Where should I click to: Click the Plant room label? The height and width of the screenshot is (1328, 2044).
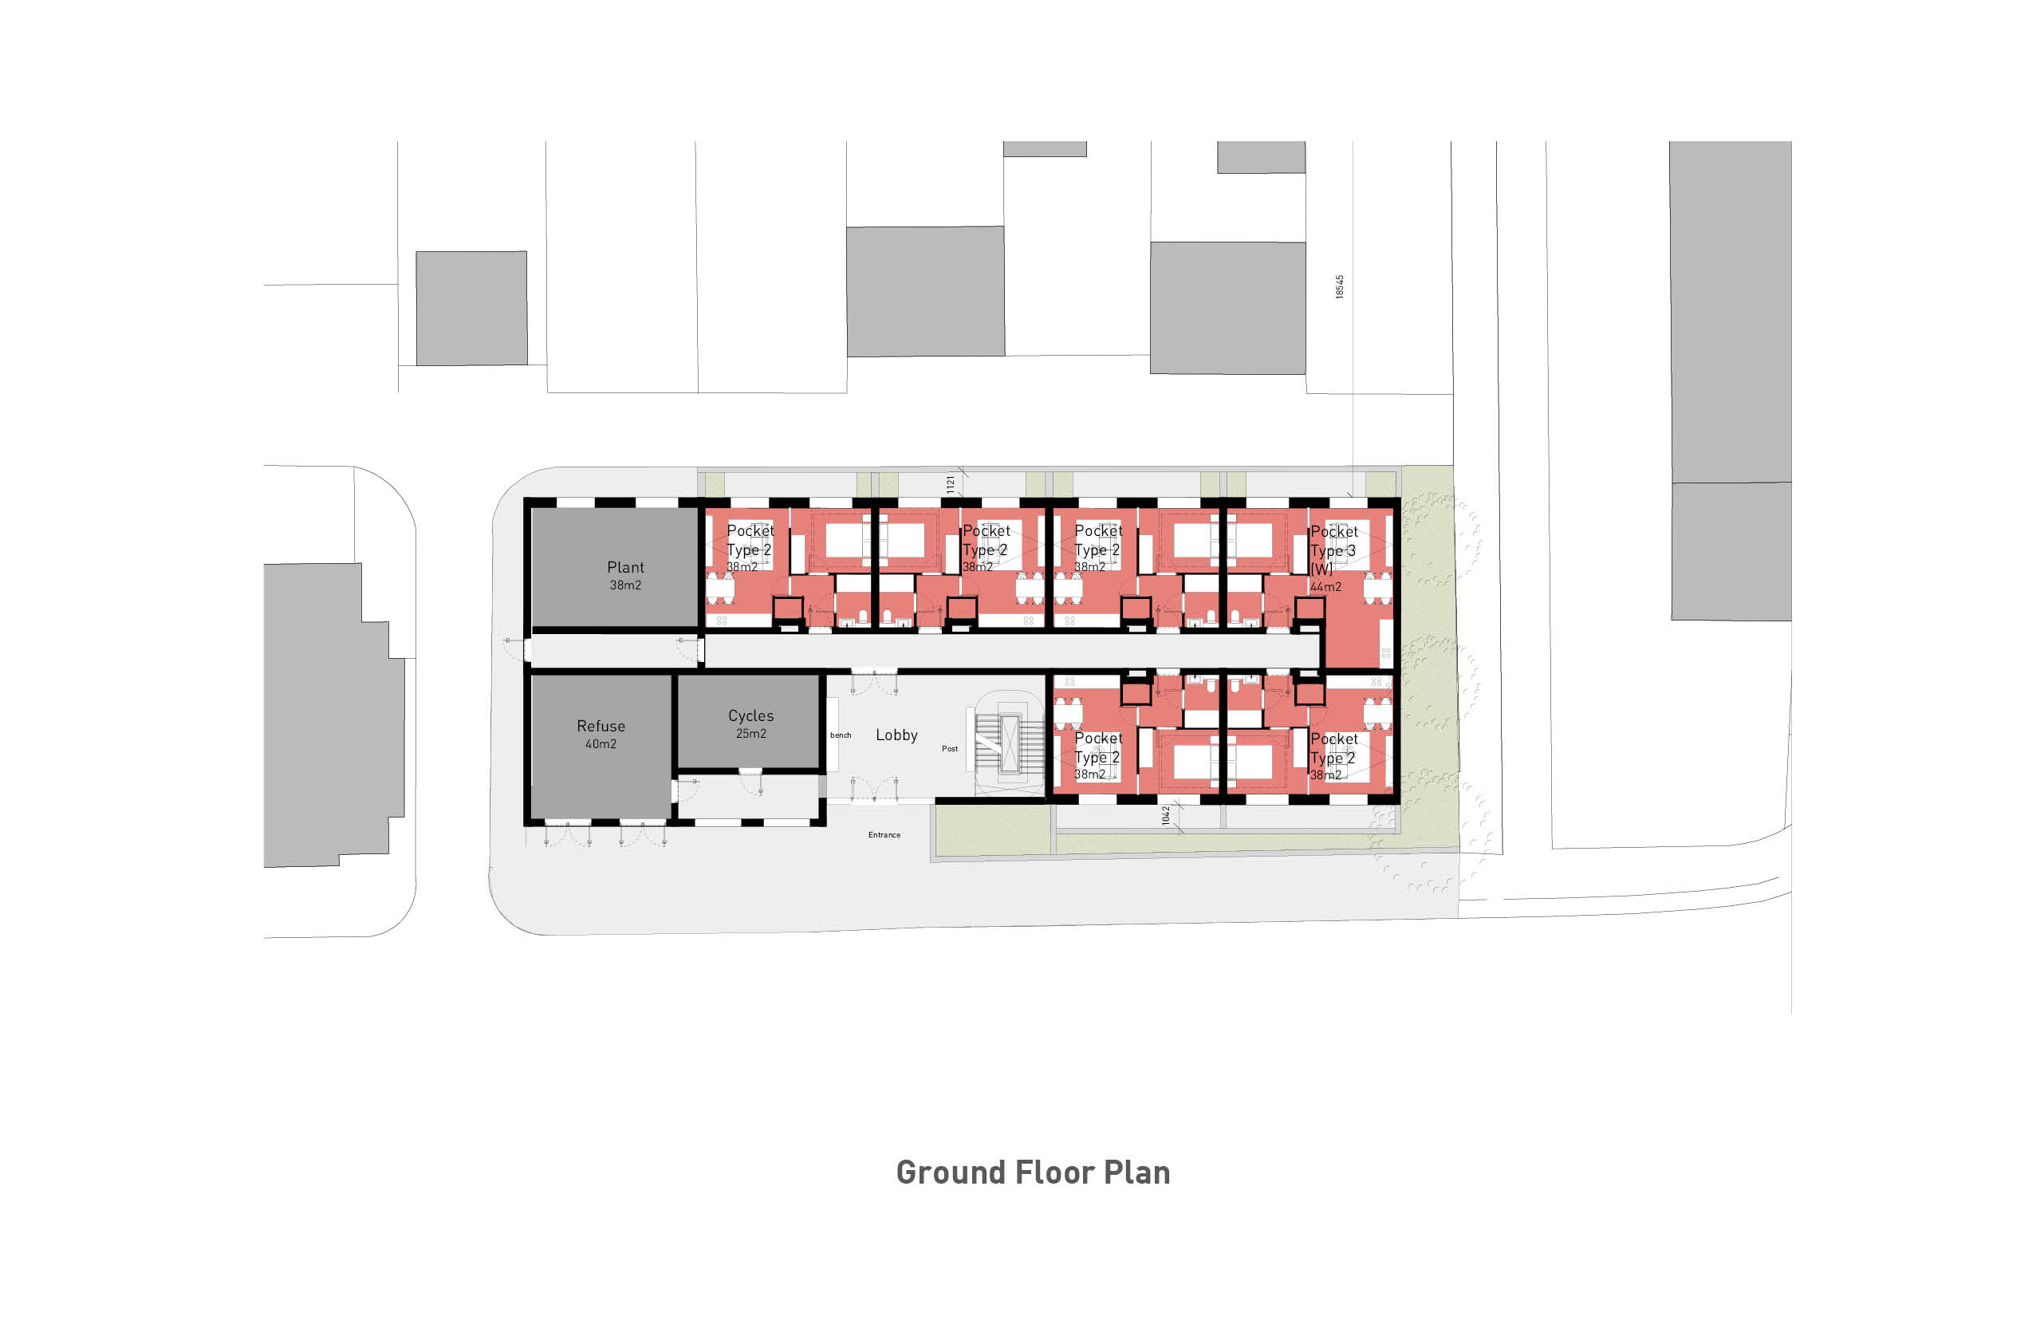[625, 567]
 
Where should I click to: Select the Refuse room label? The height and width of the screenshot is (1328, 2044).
[601, 726]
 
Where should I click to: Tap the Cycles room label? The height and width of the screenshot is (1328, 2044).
[750, 715]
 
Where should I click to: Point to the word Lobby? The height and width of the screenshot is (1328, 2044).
[896, 735]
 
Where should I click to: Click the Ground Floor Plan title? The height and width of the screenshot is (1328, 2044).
[1032, 1172]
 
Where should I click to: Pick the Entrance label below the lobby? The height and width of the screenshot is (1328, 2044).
[884, 835]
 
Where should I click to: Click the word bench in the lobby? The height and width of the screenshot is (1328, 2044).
[840, 735]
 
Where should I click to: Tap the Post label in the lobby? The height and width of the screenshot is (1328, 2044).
[949, 749]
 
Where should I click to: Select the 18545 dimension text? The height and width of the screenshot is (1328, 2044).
[1339, 287]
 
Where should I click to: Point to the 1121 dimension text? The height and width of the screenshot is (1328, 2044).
[950, 484]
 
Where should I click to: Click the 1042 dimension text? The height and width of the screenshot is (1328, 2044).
[1165, 815]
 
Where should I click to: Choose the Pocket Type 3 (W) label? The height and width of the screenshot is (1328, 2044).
[1333, 550]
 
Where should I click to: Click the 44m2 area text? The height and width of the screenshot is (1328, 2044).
[1325, 588]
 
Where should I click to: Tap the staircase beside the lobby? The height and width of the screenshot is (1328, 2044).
[1009, 743]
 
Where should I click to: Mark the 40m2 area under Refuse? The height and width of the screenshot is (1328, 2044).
[601, 744]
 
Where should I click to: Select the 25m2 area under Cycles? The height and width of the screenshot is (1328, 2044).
[750, 734]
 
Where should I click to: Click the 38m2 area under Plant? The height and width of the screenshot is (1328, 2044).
[625, 585]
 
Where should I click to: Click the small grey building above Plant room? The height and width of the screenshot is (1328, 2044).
[471, 309]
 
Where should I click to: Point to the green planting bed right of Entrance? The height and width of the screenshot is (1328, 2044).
[992, 830]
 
